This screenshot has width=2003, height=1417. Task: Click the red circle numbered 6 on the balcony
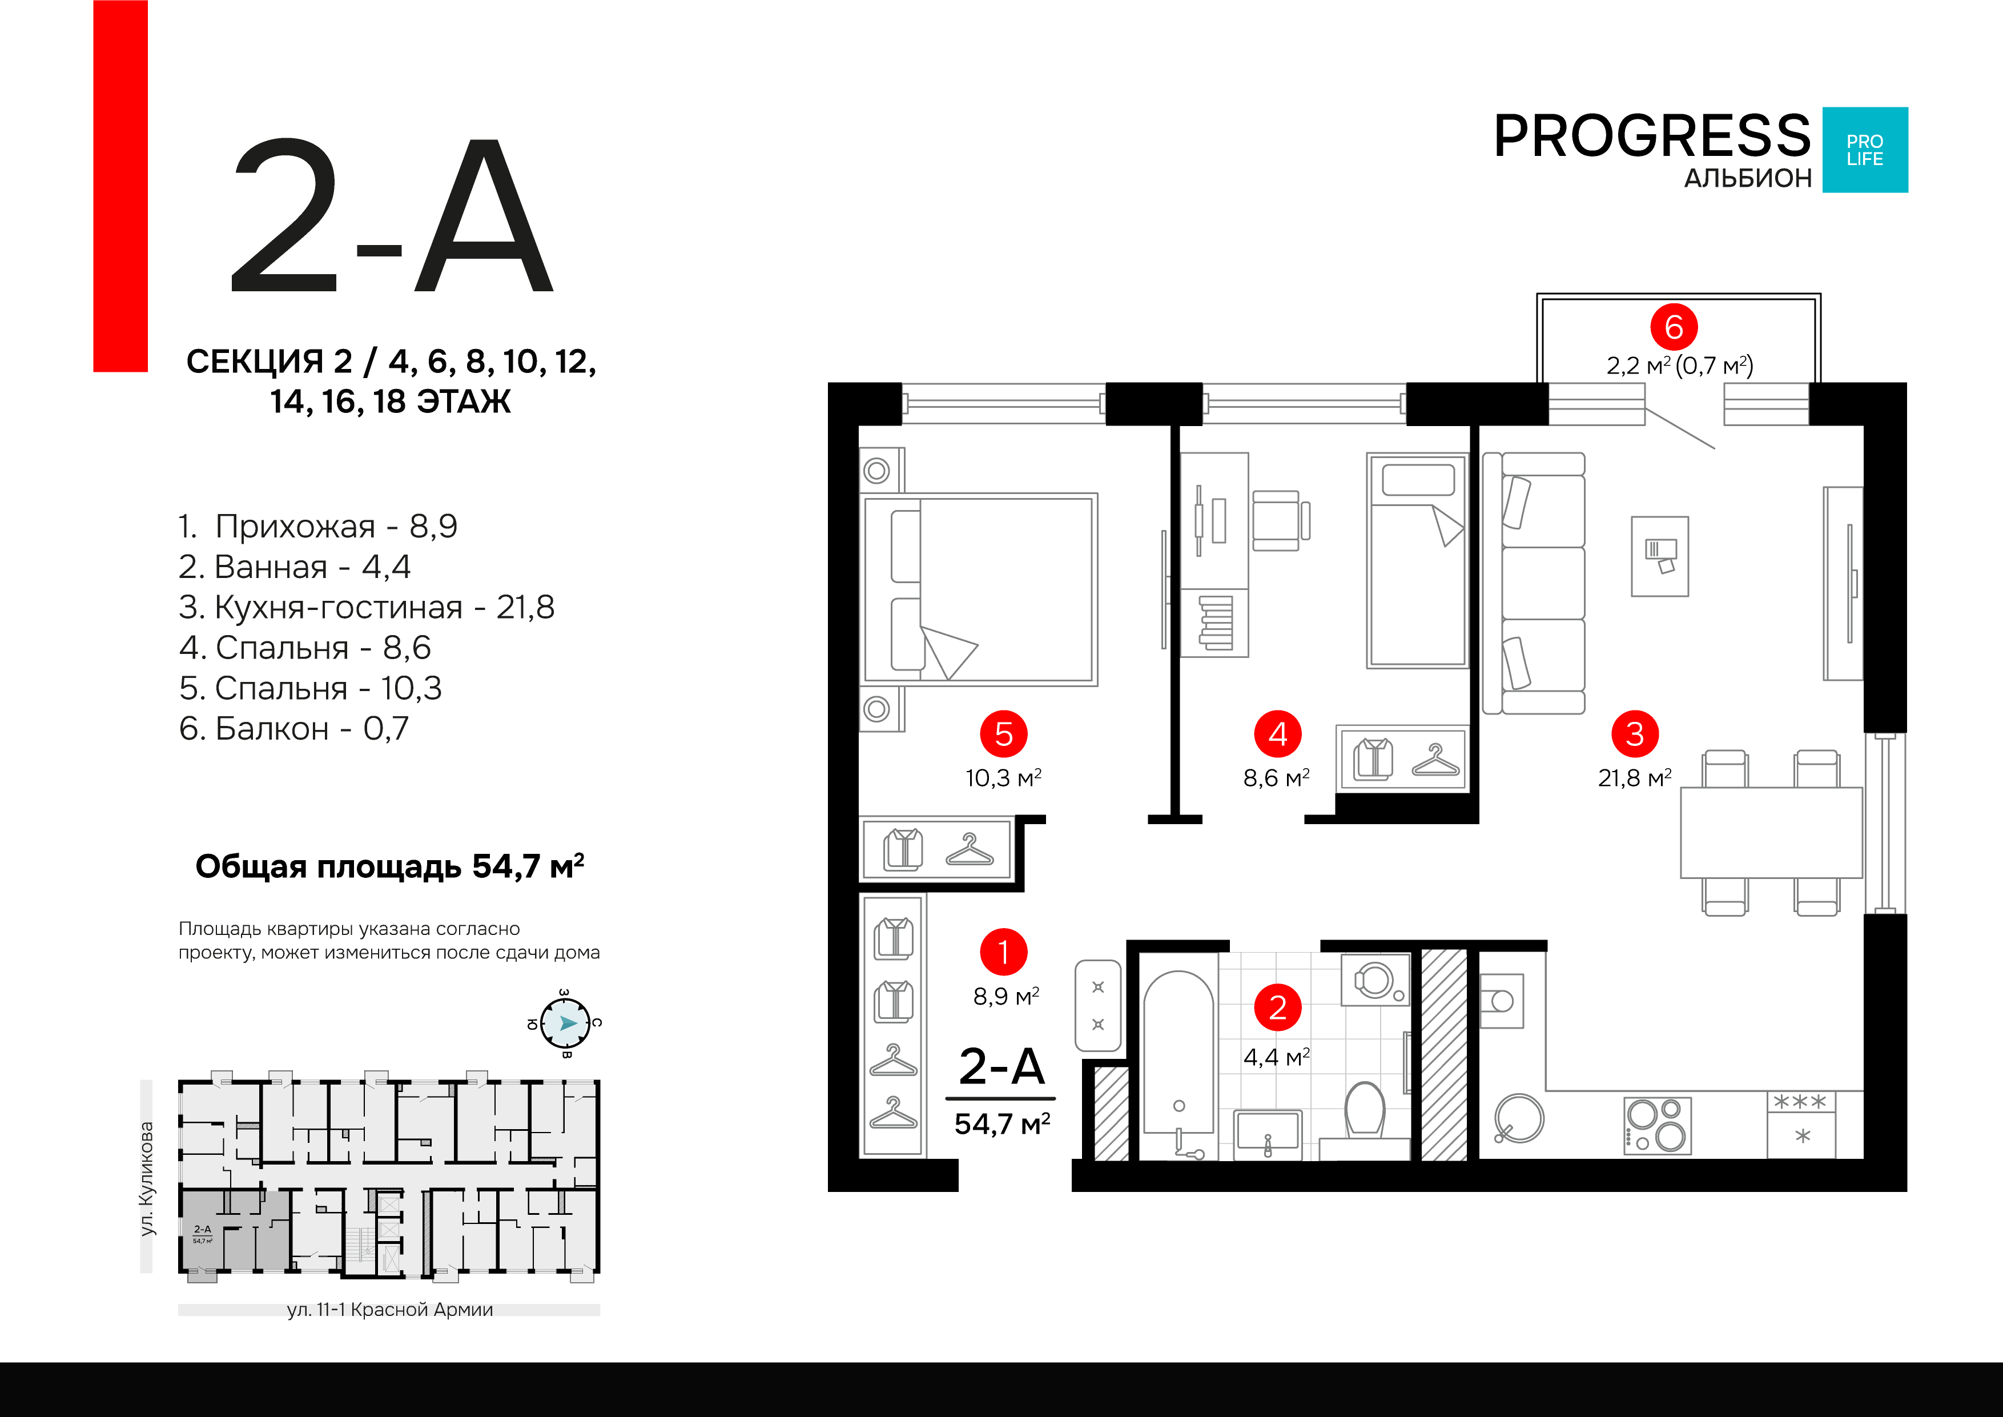coord(1673,327)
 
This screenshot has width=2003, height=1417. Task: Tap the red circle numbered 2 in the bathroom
coord(1277,1008)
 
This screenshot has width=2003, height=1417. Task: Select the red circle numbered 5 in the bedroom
coord(1003,734)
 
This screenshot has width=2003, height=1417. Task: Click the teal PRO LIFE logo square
coord(1865,150)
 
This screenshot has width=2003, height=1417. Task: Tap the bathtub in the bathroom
coord(1178,1065)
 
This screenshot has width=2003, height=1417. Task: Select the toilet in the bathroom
coord(1365,1110)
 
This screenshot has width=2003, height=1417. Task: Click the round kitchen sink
coord(1519,1119)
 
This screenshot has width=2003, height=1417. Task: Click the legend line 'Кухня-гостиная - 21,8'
coord(367,607)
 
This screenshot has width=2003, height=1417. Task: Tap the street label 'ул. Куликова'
coord(147,1178)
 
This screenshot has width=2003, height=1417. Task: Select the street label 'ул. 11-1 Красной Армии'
coord(390,1310)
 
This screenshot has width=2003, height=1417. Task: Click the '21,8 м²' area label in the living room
coord(1635,777)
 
